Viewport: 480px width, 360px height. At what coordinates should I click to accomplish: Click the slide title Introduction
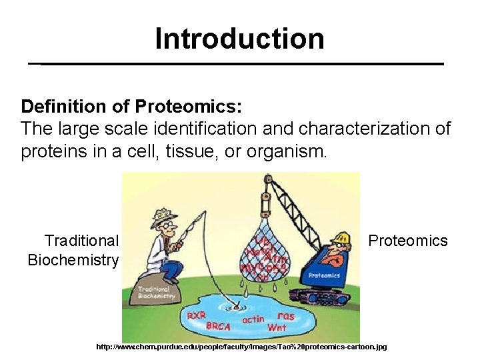(239, 39)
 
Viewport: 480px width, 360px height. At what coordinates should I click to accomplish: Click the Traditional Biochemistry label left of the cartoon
(73, 250)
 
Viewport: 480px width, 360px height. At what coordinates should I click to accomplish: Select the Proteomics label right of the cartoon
(408, 241)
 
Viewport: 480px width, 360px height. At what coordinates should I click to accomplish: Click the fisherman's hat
(163, 215)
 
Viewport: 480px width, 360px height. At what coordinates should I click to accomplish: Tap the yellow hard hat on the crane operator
(341, 237)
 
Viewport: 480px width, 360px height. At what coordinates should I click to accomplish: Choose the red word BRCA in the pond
(218, 327)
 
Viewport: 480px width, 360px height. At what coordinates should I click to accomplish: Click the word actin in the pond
(253, 319)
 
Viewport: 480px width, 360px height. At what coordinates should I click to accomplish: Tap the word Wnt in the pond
(276, 328)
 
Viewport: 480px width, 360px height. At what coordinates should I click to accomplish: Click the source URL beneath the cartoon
(241, 347)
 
